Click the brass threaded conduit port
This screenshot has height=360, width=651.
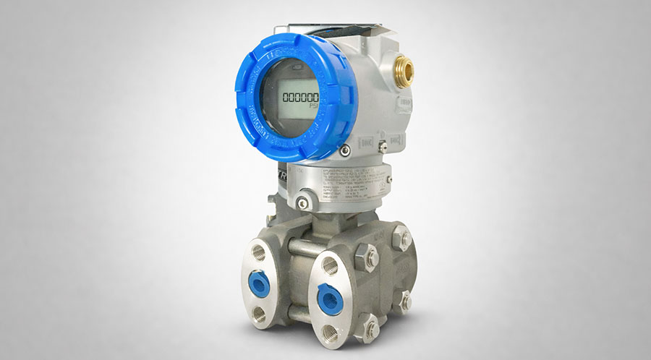[406, 69]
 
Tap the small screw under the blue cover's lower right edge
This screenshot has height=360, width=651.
[345, 150]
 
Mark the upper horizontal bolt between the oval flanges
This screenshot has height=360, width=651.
[297, 247]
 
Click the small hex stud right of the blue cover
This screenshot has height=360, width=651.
[381, 147]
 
